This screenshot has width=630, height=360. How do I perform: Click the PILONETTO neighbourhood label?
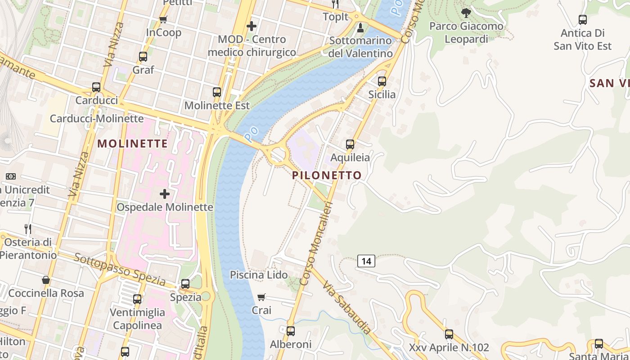tap(327, 175)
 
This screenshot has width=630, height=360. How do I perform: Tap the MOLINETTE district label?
tap(132, 144)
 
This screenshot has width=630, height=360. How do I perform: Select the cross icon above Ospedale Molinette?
tap(165, 194)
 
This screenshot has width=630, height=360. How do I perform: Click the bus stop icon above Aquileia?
tap(350, 144)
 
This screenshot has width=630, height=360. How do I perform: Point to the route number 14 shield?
tap(367, 261)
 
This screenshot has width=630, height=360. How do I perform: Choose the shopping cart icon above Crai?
tap(261, 297)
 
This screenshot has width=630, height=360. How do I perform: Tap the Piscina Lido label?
tap(259, 274)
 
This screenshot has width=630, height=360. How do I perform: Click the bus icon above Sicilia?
tap(382, 81)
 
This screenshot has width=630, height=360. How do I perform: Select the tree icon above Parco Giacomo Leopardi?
tap(466, 13)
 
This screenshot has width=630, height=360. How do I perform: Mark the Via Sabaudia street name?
tap(346, 308)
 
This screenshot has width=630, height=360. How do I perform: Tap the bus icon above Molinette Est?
tap(217, 92)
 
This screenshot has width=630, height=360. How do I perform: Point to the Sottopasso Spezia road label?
tap(120, 270)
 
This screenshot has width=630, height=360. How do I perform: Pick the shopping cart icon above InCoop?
tap(163, 19)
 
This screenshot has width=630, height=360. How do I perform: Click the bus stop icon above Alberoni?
tap(291, 331)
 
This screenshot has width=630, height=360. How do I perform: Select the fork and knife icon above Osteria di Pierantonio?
tap(28, 229)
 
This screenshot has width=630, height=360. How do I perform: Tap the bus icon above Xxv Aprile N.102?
tap(449, 334)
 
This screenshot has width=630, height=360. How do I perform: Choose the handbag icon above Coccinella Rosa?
tap(46, 280)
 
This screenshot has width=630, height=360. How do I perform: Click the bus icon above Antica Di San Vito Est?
tap(583, 20)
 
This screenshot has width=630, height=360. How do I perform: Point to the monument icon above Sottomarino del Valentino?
tap(360, 28)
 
